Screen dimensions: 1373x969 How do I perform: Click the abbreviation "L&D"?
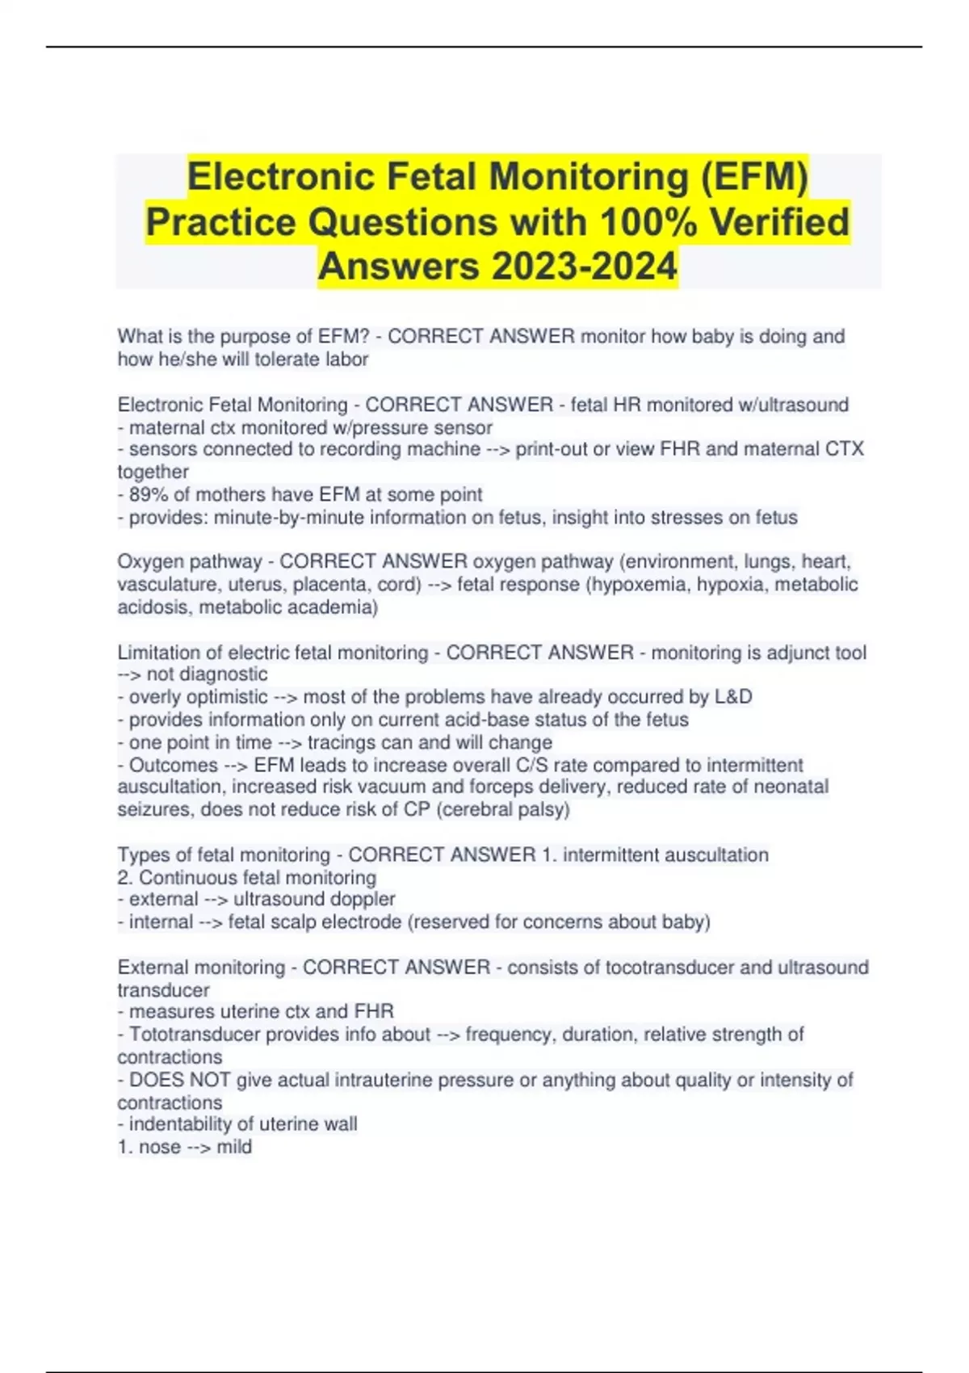(x=733, y=697)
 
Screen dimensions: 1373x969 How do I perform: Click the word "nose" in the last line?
(x=159, y=1147)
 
